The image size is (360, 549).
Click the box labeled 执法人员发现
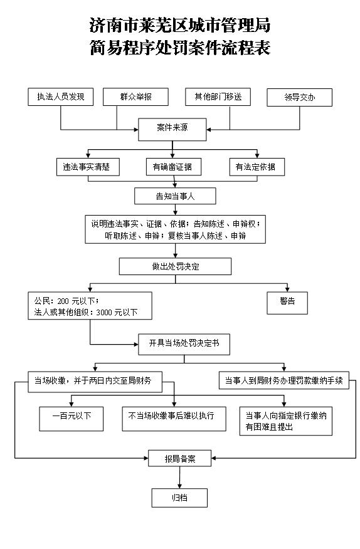pos(61,97)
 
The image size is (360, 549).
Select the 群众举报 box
pos(135,97)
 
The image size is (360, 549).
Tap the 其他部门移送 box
pos(218,97)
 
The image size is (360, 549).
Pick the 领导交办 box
pos(300,97)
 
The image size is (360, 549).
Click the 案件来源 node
pos(172,130)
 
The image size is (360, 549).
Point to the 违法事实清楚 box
pos(88,167)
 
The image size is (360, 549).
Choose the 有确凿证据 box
pos(174,167)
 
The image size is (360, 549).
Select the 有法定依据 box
pos(257,167)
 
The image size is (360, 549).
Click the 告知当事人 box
pos(175,196)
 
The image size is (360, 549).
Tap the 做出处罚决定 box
pos(175,266)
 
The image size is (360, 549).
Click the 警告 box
pos(287,303)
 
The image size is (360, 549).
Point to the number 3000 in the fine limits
pos(103,312)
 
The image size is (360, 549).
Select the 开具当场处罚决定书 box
pos(184,345)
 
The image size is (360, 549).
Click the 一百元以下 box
pos(71,419)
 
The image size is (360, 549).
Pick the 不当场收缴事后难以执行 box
pos(174,419)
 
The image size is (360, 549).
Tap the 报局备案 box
pos(180,458)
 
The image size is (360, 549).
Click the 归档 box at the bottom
pos(179,498)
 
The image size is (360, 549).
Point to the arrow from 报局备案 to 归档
pos(180,478)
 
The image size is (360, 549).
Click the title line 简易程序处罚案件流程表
pos(180,47)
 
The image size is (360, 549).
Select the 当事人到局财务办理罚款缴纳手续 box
pos(284,380)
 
